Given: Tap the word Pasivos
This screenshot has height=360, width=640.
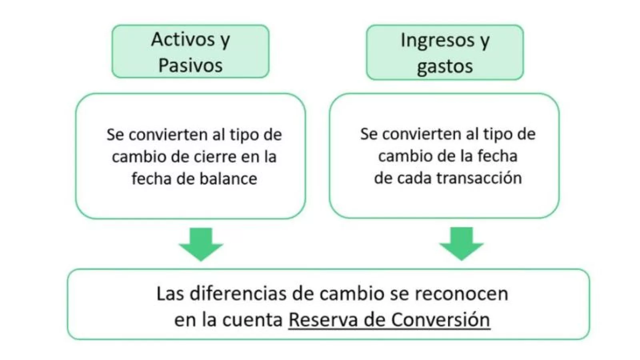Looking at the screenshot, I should (190, 65).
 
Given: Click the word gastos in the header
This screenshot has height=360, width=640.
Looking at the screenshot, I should (445, 66).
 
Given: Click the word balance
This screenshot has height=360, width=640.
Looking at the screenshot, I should (228, 178).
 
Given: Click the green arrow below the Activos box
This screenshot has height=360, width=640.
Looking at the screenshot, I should (201, 244).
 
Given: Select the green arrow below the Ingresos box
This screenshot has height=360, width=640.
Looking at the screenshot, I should (462, 244).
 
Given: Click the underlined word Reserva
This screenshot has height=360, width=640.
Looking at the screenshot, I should (317, 320).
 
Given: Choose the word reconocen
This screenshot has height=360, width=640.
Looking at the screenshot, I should (461, 294).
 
